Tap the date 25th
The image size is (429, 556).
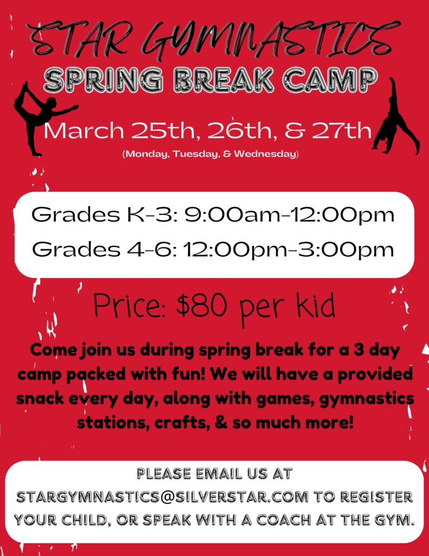(163, 130)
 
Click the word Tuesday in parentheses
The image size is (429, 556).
(196, 154)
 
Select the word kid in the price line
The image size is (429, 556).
(315, 305)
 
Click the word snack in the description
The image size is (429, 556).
(40, 399)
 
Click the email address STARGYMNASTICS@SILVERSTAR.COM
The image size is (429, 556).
(162, 497)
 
